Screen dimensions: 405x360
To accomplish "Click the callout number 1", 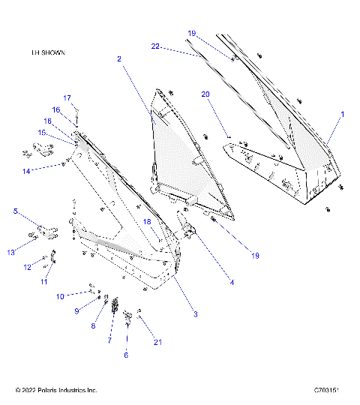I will (342, 115).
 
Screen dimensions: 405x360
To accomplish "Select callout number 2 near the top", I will (119, 58).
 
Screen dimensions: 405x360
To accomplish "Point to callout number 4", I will (232, 283).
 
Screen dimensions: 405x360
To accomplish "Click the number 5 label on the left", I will (15, 211).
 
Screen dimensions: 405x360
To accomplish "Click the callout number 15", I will (43, 133).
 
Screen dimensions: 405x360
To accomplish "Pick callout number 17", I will (66, 98).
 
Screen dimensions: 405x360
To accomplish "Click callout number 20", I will (205, 94).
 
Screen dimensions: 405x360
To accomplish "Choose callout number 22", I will (155, 46).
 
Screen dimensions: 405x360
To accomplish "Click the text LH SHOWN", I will (43, 53).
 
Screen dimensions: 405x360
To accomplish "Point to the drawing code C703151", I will (327, 390).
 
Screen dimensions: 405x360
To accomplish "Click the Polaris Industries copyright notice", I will (56, 390).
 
